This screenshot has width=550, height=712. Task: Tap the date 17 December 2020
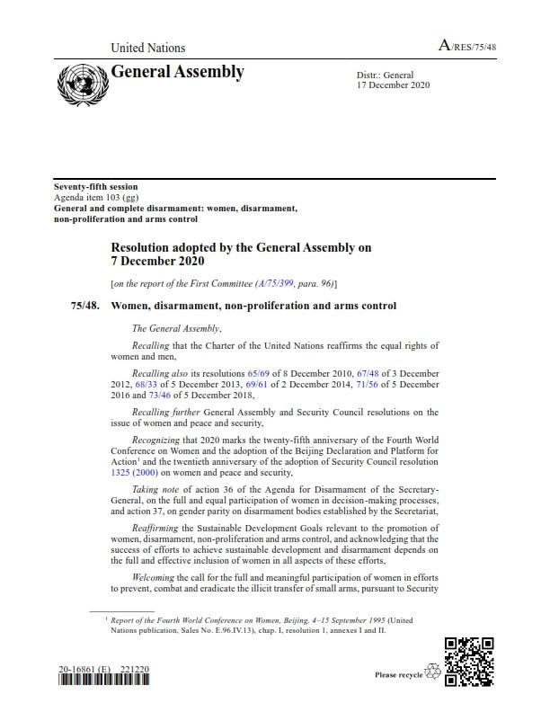tap(395, 85)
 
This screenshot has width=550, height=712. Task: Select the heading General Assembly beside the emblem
tap(177, 72)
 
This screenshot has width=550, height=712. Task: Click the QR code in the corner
tap(469, 661)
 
